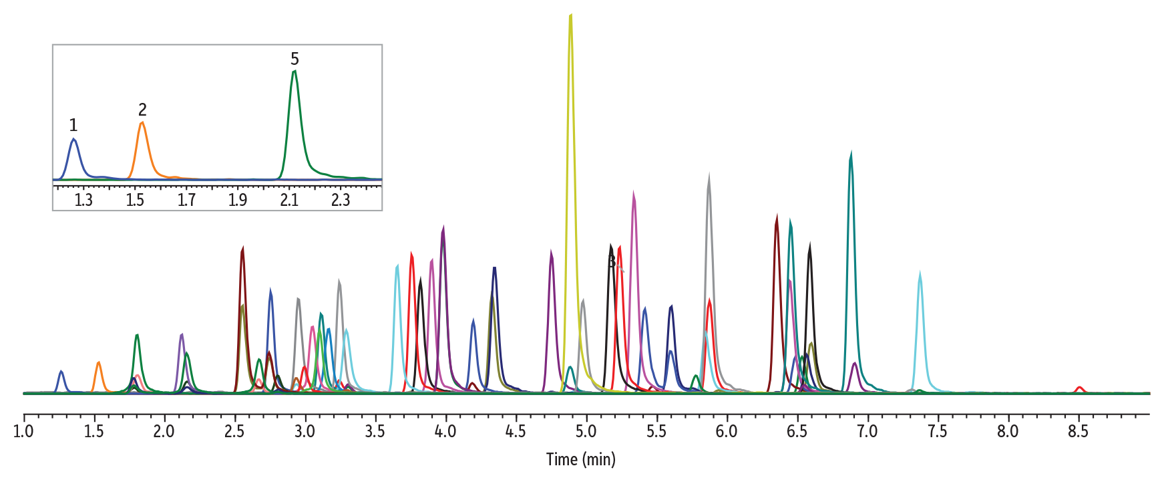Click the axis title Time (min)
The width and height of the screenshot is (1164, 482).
[580, 459]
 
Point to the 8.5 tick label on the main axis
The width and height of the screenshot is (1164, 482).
[1078, 431]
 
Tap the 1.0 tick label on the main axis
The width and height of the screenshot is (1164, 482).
[23, 431]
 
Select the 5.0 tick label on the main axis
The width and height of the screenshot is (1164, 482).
[586, 431]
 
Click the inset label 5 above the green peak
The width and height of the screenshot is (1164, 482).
[295, 59]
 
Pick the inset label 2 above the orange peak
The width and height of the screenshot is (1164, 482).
[142, 110]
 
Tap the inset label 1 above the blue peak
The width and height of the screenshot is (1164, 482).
[73, 125]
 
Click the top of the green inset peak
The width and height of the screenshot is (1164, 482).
[294, 72]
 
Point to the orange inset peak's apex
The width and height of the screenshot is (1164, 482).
[142, 123]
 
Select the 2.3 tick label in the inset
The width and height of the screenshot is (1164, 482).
[341, 200]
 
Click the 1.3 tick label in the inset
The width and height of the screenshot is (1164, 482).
[83, 200]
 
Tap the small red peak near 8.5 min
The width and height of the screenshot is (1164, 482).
[1079, 388]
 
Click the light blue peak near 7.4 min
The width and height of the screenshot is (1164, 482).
[920, 274]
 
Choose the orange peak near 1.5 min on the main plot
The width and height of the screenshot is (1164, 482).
[99, 363]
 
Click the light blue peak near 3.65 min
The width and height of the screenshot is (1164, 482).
[397, 267]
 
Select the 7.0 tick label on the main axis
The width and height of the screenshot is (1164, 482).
[867, 431]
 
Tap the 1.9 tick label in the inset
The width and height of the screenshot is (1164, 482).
[238, 200]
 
